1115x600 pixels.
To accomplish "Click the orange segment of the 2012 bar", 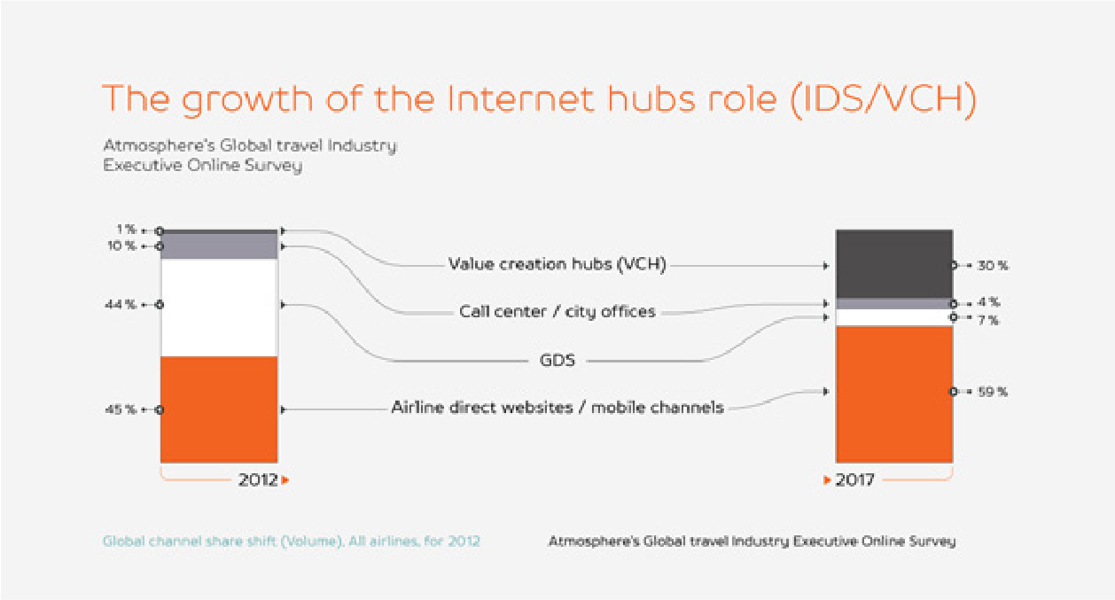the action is pos(219,409).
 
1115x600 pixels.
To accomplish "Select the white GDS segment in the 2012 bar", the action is pos(219,308).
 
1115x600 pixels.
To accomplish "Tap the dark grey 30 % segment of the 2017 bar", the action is pos(894,264).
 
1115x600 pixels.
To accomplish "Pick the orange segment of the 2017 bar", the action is pos(894,394).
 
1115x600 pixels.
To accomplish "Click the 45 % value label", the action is pos(120,409).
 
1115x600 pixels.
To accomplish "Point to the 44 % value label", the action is pos(120,304).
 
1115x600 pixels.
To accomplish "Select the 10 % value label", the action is pos(121,246).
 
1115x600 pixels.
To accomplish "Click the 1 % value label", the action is pos(127,229).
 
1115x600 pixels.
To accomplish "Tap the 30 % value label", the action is pos(993,265).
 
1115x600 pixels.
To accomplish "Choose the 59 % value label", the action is pos(993,392).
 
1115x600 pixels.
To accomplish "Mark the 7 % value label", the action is pos(988,320).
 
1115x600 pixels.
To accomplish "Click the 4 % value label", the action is pos(988,301).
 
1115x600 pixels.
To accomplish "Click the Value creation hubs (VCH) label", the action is pos(557,264).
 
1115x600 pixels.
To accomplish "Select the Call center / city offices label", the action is pos(557,312).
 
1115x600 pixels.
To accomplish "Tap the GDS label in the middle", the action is pos(557,360).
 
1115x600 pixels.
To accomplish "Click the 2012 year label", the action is pos(258,480).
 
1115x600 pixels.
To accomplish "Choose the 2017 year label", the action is pos(854,480).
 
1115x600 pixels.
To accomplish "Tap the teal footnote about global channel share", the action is pos(292,542).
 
